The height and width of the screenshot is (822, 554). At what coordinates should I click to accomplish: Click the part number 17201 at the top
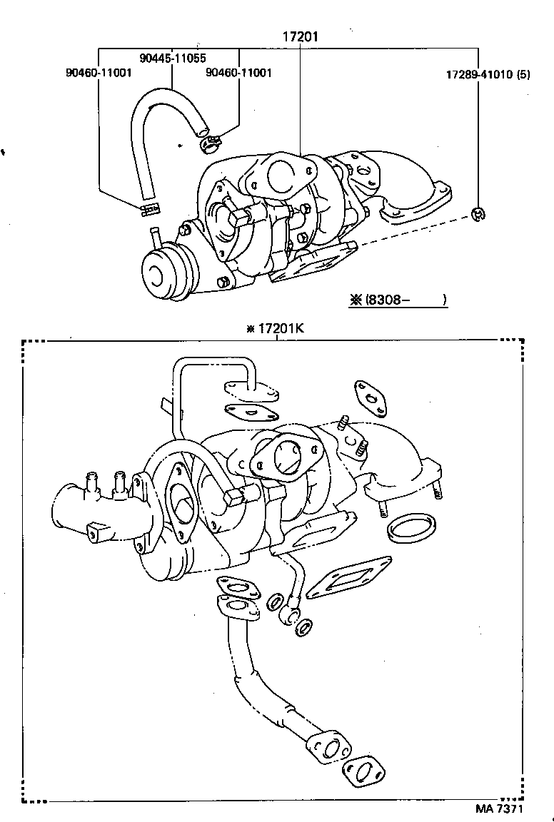tap(300, 36)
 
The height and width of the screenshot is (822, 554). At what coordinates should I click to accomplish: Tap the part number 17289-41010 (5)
tap(488, 73)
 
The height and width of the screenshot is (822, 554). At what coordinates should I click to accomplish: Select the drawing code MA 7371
tap(500, 809)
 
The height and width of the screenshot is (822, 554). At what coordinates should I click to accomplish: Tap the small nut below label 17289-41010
tap(478, 212)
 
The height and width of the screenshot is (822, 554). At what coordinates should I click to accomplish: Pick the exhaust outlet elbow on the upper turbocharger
tap(414, 193)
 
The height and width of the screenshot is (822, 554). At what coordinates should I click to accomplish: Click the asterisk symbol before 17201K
tap(250, 329)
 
